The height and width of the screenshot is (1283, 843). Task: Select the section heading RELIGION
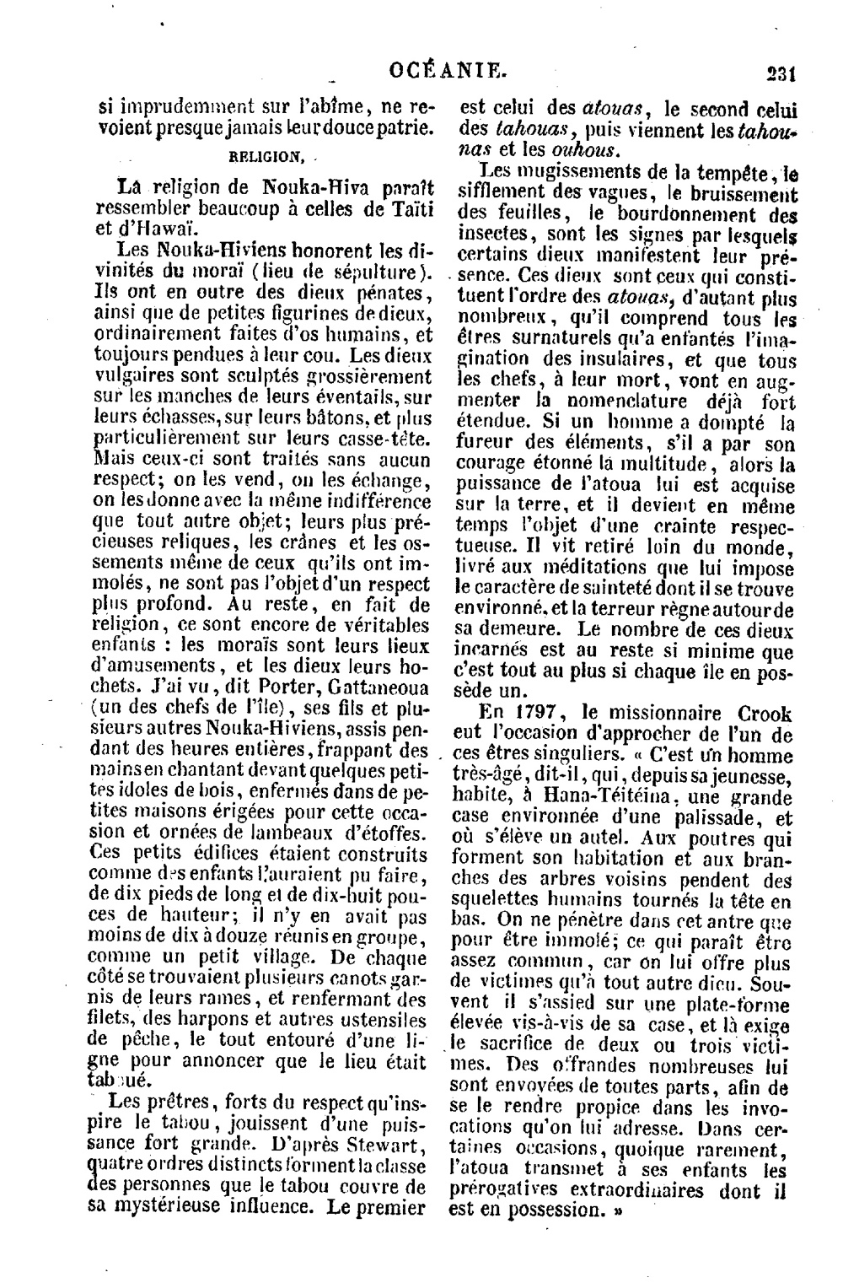pos(266,156)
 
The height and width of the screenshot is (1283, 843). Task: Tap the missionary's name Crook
pos(763,713)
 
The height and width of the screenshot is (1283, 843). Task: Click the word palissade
pos(704,817)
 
